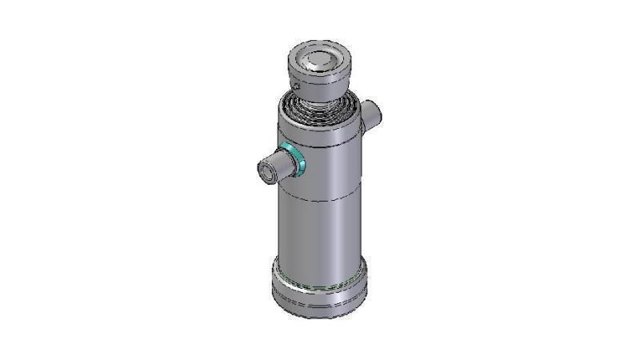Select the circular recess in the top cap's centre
[x=320, y=58]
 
